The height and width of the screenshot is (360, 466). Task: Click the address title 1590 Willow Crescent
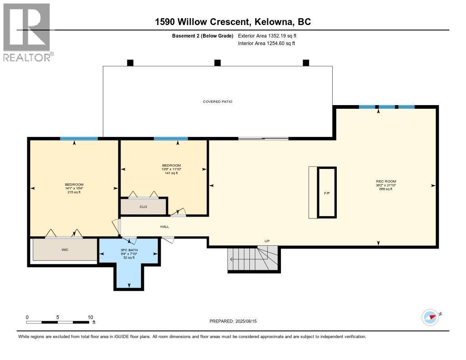point(233,22)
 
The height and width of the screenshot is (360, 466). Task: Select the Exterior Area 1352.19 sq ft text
point(267,35)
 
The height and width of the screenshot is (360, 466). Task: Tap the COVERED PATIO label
point(218,101)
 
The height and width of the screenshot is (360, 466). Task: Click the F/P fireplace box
point(327,193)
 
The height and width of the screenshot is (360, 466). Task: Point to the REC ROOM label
point(385,181)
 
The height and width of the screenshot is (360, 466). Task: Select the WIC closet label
point(65,250)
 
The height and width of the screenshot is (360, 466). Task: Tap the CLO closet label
point(143,207)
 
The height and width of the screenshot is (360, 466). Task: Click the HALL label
point(164,226)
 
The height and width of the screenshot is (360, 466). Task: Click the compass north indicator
point(431,317)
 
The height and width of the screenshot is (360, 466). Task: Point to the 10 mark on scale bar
point(91,317)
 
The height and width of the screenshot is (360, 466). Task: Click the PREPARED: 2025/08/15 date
point(233,321)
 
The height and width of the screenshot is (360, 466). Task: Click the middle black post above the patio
point(218,63)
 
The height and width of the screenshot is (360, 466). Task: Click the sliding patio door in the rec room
point(263,138)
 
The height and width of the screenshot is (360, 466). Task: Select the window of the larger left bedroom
point(79,138)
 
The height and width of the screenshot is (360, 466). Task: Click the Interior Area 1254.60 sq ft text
point(266,43)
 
